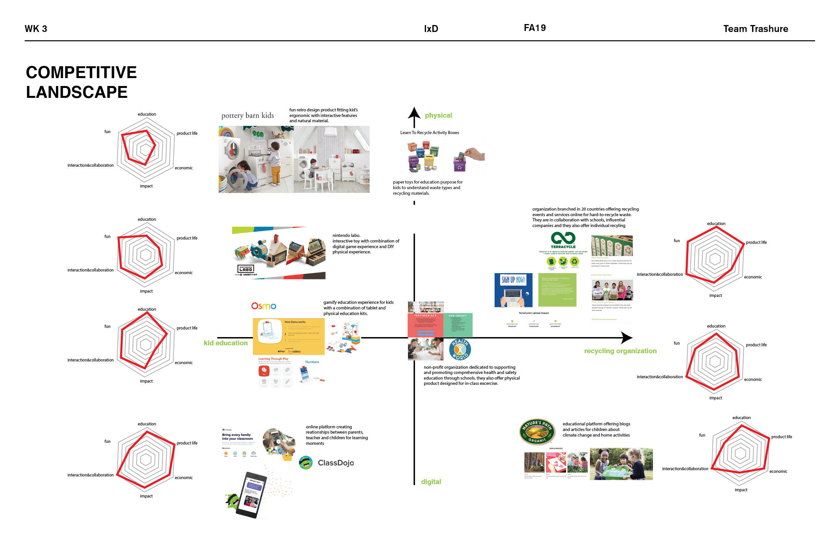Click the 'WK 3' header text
click(36, 29)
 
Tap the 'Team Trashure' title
click(755, 29)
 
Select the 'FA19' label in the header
click(534, 28)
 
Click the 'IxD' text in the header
click(431, 29)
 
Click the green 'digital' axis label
click(431, 481)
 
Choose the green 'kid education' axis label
click(226, 343)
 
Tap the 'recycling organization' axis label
click(620, 351)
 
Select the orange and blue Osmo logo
click(264, 306)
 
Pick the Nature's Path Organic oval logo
click(537, 431)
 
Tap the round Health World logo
click(460, 349)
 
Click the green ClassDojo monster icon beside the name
click(306, 462)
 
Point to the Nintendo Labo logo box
click(246, 269)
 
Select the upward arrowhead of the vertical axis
click(414, 113)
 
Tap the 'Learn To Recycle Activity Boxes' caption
click(429, 132)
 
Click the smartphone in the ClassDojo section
click(251, 495)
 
